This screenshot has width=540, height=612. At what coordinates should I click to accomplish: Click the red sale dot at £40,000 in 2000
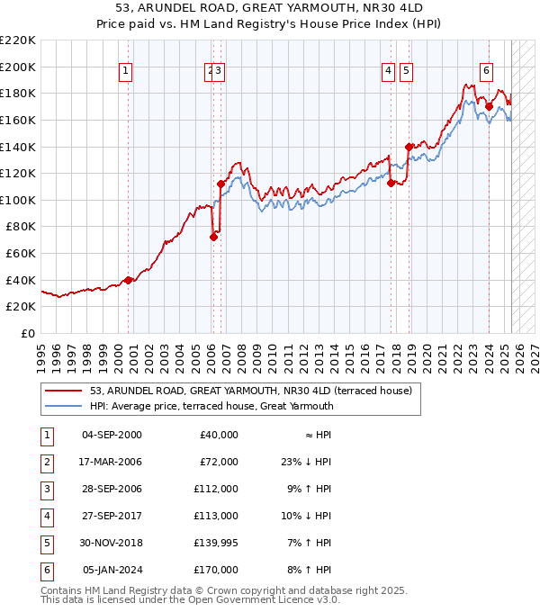(128, 280)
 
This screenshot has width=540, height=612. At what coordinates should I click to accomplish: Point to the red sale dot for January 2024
(489, 106)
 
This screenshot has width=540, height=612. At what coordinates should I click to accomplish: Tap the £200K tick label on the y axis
(18, 67)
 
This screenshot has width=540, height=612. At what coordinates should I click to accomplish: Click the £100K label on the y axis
(18, 200)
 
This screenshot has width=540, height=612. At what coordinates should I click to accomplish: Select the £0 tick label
(29, 333)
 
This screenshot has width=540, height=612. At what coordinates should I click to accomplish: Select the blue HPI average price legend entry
(211, 406)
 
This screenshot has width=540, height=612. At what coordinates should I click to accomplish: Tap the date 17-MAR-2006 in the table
(112, 462)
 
